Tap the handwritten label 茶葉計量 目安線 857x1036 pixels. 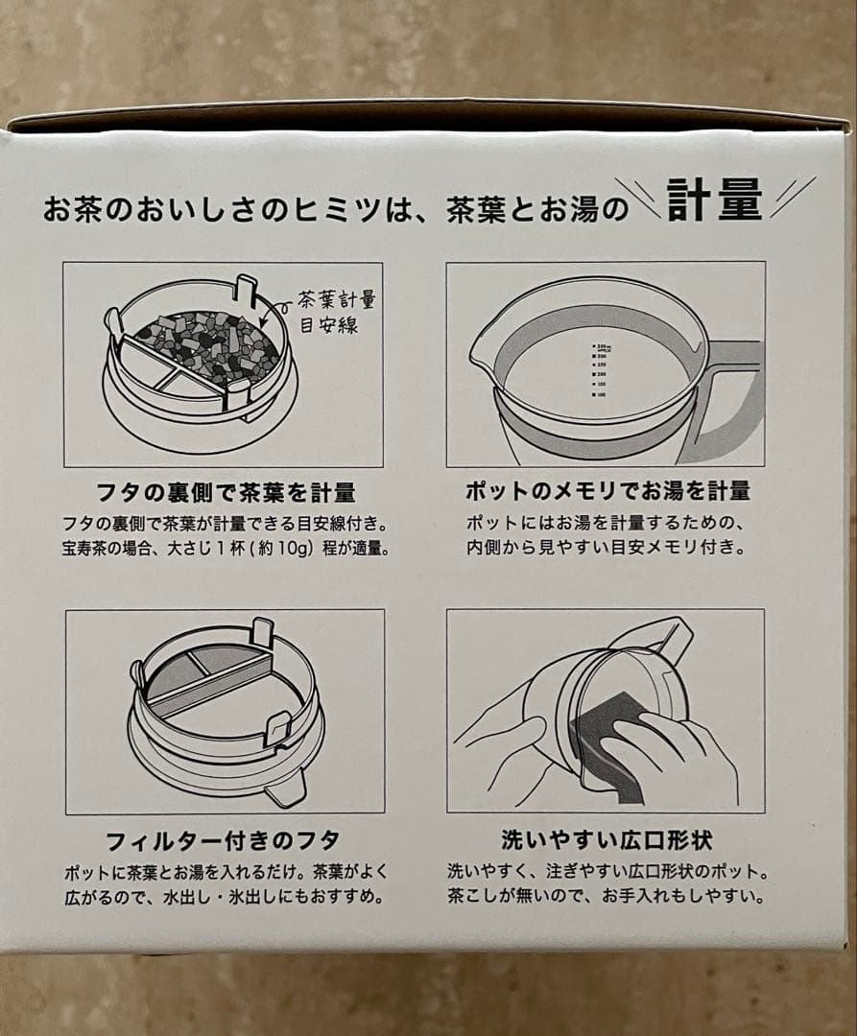pyautogui.click(x=328, y=312)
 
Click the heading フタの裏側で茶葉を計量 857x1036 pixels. pyautogui.click(x=227, y=493)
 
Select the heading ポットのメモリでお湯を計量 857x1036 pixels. pyautogui.click(x=607, y=492)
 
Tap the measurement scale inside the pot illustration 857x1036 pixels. pyautogui.click(x=601, y=370)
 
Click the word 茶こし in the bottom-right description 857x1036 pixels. pyautogui.click(x=476, y=899)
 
